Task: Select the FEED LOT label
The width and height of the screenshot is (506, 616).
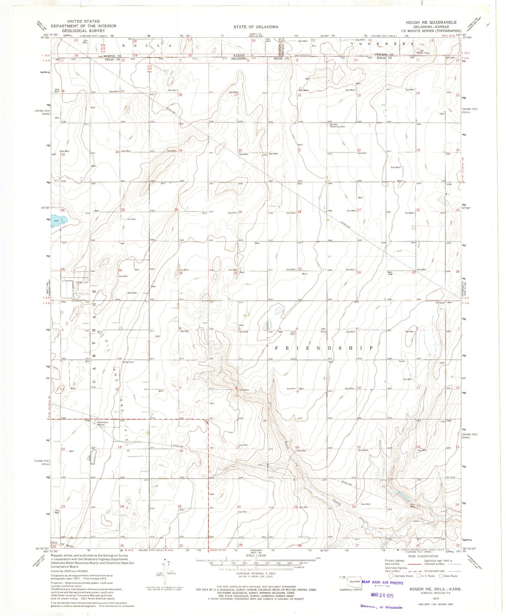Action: coord(81,282)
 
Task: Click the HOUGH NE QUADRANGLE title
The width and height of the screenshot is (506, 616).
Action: coord(431,22)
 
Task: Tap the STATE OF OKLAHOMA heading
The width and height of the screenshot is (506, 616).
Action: coord(256,27)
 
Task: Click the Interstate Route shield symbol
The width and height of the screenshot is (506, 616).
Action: coord(391,576)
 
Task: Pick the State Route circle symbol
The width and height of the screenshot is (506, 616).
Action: coord(441,576)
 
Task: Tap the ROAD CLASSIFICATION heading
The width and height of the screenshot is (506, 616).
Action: coord(423,556)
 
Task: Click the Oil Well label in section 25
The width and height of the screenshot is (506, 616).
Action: coord(131,219)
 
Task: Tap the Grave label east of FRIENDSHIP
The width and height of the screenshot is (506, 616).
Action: coord(401,361)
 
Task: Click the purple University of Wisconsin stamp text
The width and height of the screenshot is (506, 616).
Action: coord(381,607)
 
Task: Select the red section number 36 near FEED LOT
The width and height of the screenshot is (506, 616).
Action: coord(120,270)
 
